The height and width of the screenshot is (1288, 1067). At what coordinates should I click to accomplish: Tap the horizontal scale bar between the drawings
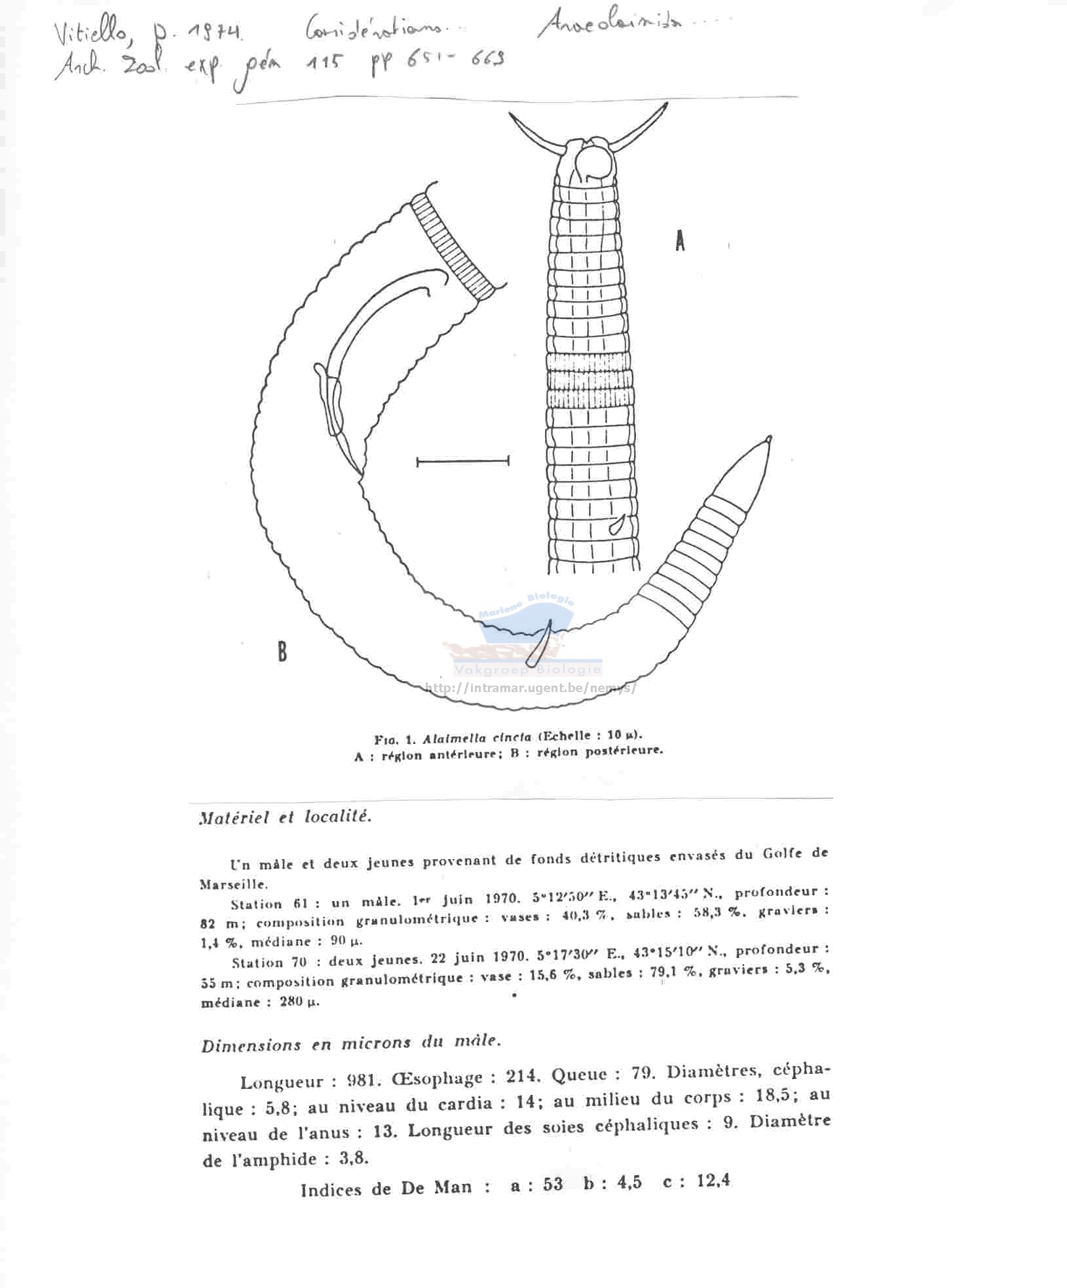point(462,462)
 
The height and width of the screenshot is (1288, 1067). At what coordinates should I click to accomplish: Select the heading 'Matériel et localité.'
point(285,818)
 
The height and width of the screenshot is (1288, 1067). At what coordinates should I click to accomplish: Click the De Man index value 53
point(552,1184)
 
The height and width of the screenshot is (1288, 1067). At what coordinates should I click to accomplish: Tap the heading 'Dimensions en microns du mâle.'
point(351,1043)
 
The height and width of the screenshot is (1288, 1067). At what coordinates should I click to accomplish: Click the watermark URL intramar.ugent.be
point(531,688)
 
